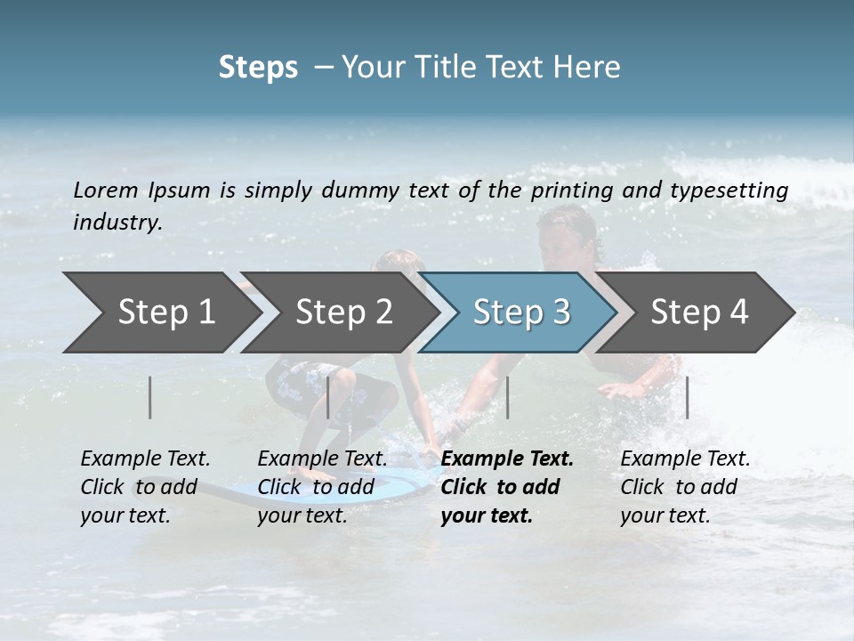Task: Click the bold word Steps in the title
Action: pos(258,68)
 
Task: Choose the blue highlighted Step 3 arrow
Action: pos(521,312)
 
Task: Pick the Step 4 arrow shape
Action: pos(699,312)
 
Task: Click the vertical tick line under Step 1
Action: pos(150,397)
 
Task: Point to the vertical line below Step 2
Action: pos(328,397)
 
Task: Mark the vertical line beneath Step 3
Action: pos(507,397)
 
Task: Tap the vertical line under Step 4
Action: pos(687,397)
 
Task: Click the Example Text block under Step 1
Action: pos(145,487)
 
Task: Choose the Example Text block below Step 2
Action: pos(322,487)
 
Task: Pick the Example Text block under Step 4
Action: pos(685,487)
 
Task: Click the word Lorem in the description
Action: pos(106,191)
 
